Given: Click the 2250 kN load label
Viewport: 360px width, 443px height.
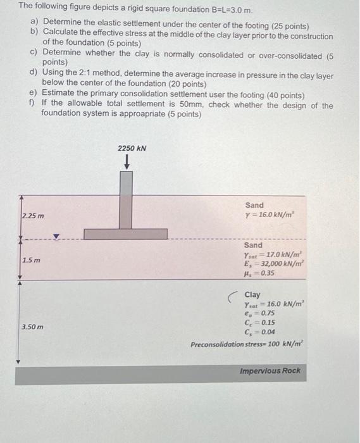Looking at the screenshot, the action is coord(132,148).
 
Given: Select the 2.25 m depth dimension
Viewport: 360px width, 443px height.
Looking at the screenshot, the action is coord(32,216).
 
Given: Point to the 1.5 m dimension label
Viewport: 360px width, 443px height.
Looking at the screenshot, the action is coord(29,261).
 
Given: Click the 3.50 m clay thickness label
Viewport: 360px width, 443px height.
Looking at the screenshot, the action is coord(33,327).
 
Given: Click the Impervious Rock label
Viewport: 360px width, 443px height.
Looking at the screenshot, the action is coord(270,371).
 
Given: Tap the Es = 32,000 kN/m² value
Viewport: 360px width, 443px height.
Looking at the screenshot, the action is coord(273,264).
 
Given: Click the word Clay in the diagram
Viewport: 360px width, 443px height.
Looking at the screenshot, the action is coord(252,295).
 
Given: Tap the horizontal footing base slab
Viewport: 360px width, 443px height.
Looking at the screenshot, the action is coord(126,234).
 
